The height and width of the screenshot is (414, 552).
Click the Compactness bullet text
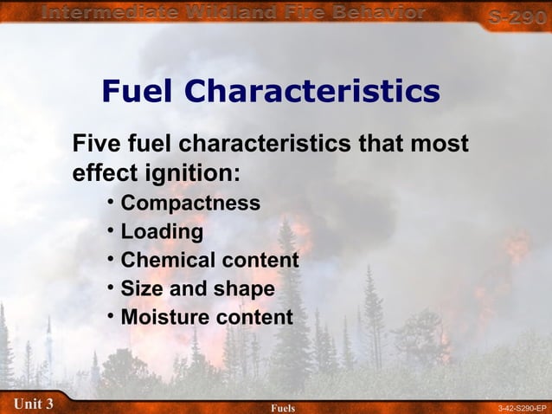[x=190, y=203]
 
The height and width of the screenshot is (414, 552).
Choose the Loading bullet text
[x=162, y=231]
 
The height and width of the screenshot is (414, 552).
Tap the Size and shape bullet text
[x=197, y=288]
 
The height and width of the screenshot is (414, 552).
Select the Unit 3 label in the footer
[x=34, y=404]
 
